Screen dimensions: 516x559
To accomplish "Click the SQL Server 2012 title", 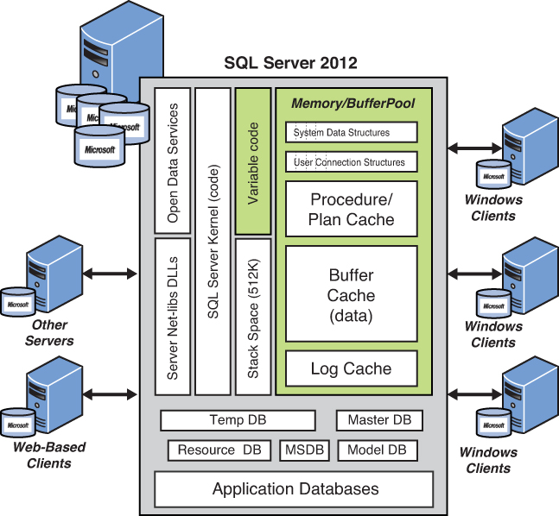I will pyautogui.click(x=290, y=63).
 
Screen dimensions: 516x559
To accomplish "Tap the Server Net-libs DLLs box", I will pyautogui.click(x=173, y=316).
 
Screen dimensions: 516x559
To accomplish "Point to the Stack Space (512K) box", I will pyautogui.click(x=253, y=316).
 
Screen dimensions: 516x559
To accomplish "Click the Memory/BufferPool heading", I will pyautogui.click(x=353, y=104).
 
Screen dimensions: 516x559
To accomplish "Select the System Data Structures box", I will pyautogui.click(x=352, y=133).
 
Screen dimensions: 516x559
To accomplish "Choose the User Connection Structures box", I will pyautogui.click(x=352, y=161).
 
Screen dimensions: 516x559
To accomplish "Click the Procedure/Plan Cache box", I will pyautogui.click(x=352, y=209).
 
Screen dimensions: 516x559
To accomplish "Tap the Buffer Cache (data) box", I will pyautogui.click(x=352, y=294).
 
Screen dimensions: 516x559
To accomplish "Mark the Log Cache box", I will pyautogui.click(x=352, y=368).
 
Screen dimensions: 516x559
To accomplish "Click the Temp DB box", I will pyautogui.click(x=238, y=420).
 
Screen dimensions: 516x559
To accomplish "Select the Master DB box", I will pyautogui.click(x=379, y=420).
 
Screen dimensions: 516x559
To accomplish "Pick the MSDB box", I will pyautogui.click(x=301, y=450).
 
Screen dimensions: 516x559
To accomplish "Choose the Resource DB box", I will pyautogui.click(x=219, y=450).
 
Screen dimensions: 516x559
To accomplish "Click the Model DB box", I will pyautogui.click(x=378, y=450).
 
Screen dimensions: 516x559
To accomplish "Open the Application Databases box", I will pyautogui.click(x=294, y=489).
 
